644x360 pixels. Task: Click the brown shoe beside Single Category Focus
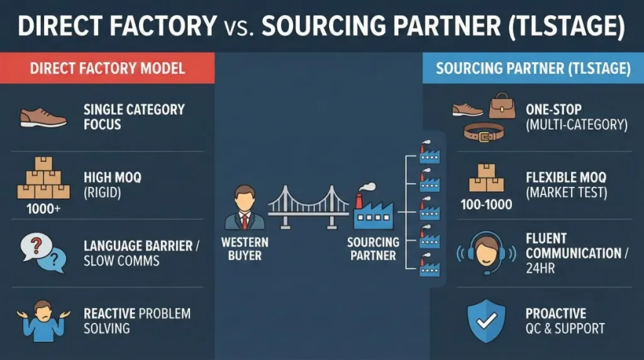pos(43,117)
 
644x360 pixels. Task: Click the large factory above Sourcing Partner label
pos(372,207)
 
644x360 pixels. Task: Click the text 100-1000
pos(486,205)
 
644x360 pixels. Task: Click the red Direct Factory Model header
pos(108,68)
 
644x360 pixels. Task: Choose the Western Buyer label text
pos(245,249)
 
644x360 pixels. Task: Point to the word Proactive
pos(556,313)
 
